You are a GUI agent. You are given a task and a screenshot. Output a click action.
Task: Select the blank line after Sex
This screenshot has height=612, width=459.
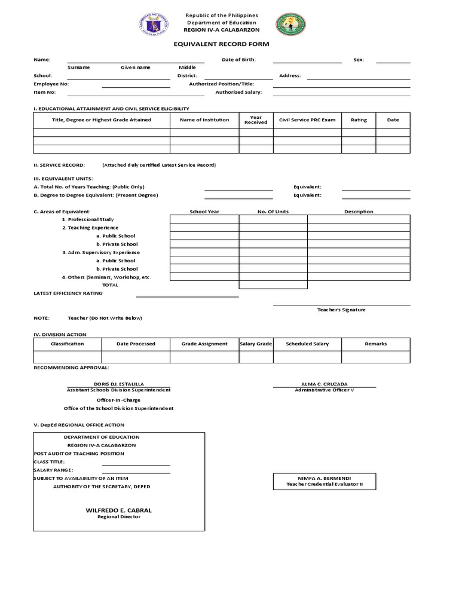coord(393,60)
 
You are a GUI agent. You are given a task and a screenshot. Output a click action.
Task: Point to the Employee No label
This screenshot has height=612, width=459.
coord(51,84)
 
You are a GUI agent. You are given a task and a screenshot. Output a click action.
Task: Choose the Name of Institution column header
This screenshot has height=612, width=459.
coord(204,120)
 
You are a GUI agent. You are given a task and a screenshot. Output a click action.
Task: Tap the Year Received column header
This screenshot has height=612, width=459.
coord(256,120)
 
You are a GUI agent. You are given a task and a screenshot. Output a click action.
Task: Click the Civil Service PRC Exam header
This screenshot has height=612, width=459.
coord(307,120)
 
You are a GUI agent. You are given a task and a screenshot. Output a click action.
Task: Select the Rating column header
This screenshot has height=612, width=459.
coord(359,120)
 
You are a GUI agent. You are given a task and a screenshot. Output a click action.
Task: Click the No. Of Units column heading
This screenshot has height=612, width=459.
coord(273,212)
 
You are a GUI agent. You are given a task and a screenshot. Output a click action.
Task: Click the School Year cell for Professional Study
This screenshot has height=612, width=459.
coord(204,219)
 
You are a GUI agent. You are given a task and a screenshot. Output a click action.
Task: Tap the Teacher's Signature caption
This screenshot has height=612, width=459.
coord(341,310)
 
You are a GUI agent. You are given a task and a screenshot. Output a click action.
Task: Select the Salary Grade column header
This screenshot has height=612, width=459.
coord(256,344)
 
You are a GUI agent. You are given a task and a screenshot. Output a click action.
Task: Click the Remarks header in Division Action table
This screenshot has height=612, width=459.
coord(376,344)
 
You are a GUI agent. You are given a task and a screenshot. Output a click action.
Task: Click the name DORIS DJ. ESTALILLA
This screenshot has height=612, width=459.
coord(119,384)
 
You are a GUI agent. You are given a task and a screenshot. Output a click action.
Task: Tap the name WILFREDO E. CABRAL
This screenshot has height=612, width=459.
coord(119,510)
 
